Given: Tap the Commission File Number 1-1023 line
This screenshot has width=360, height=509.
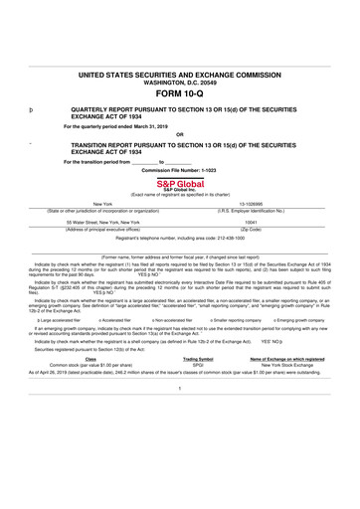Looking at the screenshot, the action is (179, 169).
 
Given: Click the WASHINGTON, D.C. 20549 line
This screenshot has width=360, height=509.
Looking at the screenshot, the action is (179, 83).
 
